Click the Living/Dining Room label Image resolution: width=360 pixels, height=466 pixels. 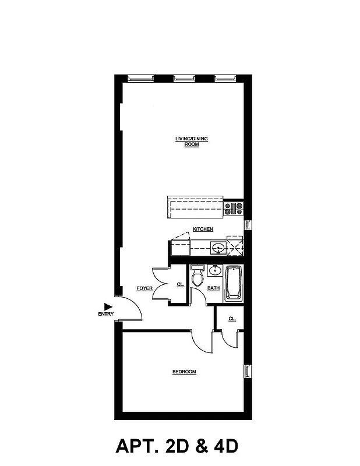191,141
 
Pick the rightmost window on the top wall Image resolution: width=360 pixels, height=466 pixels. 225,77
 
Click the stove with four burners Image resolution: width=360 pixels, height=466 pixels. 234,207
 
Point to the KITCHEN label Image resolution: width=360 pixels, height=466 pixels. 203,230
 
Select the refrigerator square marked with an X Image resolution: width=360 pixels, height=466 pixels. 234,248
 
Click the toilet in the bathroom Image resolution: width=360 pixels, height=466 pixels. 197,277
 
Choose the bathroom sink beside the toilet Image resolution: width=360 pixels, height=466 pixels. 213,270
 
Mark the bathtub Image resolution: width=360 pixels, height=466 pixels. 234,283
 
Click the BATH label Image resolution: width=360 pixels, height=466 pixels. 213,288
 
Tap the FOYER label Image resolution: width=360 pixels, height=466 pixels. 144,288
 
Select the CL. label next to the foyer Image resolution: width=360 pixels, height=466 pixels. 180,285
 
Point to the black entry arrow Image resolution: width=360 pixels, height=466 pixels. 108,306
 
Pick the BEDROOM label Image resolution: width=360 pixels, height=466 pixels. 183,372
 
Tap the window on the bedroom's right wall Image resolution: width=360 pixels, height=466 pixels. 247,372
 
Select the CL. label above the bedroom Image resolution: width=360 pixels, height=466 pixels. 232,319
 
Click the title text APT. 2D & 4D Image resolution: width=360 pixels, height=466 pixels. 177,447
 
